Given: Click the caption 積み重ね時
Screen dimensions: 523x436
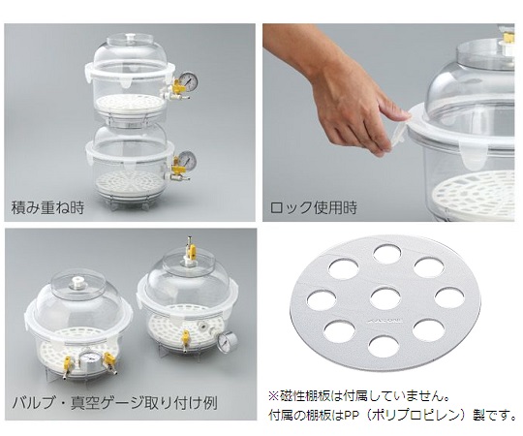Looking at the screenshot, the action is (x=47, y=207).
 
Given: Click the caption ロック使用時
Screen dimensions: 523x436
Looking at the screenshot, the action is (x=313, y=207).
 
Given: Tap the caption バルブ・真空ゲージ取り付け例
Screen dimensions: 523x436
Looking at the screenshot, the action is (x=114, y=403).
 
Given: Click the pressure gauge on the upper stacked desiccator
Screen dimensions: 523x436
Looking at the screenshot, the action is (x=189, y=81).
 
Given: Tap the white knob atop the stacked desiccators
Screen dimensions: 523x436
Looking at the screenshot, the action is (x=131, y=37).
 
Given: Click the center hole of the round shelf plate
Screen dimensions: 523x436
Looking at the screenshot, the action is (x=385, y=297).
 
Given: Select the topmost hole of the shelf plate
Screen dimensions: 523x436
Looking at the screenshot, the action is (x=386, y=254).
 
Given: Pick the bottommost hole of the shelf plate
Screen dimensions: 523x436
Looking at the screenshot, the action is (x=384, y=346).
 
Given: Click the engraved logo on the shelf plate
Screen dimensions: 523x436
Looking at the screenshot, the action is (x=385, y=321).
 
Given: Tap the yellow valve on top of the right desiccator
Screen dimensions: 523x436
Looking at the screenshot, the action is (x=191, y=252).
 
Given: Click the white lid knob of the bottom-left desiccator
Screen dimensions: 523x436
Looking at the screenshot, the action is (x=77, y=284).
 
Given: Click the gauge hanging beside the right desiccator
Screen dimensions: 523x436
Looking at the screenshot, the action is (x=228, y=341).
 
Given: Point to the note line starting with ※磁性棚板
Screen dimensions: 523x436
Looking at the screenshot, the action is (x=358, y=396).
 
